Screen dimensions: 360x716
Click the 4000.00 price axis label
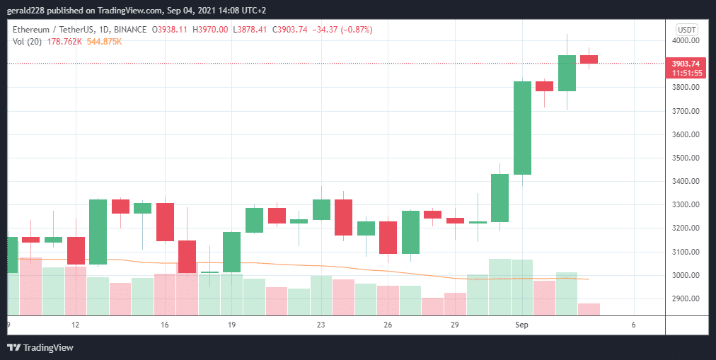coord(685,41)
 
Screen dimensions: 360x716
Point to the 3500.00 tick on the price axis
coord(685,158)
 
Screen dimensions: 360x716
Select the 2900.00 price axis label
coord(685,298)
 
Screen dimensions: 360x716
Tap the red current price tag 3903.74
coord(685,64)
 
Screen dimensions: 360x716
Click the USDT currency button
coord(686,29)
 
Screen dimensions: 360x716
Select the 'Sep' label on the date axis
coord(522,325)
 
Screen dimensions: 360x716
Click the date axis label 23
coord(321,325)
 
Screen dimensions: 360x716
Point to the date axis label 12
coord(75,325)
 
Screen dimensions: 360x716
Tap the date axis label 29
coord(455,325)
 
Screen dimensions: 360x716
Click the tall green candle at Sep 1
coord(522,127)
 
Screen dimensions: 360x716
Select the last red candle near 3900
coord(589,59)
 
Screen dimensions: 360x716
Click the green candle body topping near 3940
coord(567,73)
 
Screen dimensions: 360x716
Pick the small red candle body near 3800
coord(544,86)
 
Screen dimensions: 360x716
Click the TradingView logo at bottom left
coord(40,347)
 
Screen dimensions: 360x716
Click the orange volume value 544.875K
coord(103,42)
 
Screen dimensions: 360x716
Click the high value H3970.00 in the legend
coord(212,30)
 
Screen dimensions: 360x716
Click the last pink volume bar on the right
coord(589,309)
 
